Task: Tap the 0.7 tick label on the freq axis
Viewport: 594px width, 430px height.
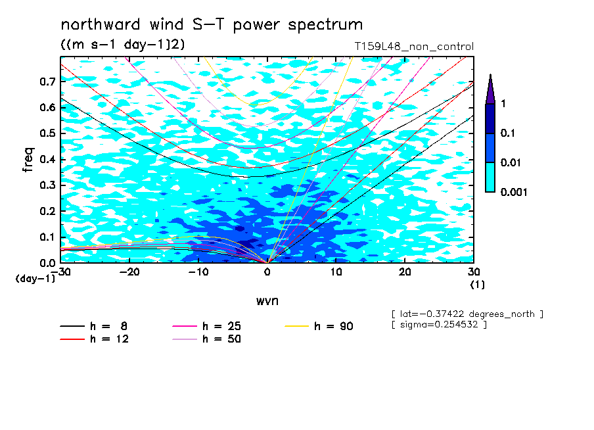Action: pyautogui.click(x=47, y=82)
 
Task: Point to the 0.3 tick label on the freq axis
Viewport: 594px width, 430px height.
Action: pyautogui.click(x=47, y=185)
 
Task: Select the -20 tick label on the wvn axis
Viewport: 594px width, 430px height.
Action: pyautogui.click(x=129, y=272)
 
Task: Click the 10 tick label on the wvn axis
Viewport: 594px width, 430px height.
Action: pyautogui.click(x=336, y=272)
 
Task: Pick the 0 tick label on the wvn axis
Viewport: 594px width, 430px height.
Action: pyautogui.click(x=267, y=272)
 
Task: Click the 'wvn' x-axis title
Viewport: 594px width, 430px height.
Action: pyautogui.click(x=267, y=301)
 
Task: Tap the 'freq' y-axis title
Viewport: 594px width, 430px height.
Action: pyautogui.click(x=28, y=160)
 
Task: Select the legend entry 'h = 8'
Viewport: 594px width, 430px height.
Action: pyautogui.click(x=93, y=326)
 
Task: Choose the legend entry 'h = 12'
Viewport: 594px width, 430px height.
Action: pyautogui.click(x=95, y=339)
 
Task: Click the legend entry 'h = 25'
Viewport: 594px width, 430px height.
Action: pyautogui.click(x=206, y=326)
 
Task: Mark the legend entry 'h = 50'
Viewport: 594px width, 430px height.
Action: pyautogui.click(x=206, y=339)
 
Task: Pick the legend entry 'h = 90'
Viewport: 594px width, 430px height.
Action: pyautogui.click(x=319, y=326)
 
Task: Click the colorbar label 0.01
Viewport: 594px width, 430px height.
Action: pyautogui.click(x=511, y=162)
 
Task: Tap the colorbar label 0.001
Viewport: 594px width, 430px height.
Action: pyautogui.click(x=514, y=192)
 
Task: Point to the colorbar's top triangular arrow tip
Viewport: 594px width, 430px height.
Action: pyautogui.click(x=491, y=74)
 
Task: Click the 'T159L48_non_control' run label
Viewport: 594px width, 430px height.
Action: pyautogui.click(x=414, y=47)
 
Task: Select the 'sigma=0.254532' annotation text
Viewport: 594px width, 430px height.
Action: pyautogui.click(x=440, y=325)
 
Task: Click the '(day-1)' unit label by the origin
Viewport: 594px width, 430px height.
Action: pyautogui.click(x=35, y=279)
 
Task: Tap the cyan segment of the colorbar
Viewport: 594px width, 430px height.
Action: pyautogui.click(x=490, y=178)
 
